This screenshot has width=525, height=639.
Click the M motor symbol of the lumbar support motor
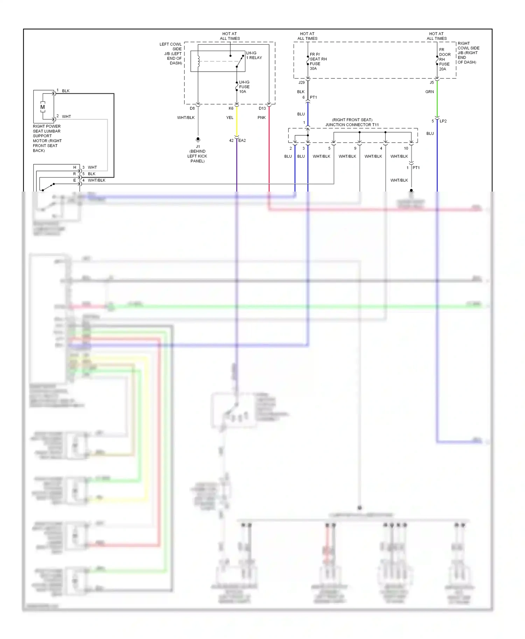[43, 107]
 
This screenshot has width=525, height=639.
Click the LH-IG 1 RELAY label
[254, 55]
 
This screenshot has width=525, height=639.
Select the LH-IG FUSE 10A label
[244, 87]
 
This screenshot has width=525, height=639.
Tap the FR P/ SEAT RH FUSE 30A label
[318, 62]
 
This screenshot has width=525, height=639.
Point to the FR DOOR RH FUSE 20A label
[444, 59]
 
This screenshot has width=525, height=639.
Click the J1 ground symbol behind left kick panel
[198, 139]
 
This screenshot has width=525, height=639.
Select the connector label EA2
[242, 141]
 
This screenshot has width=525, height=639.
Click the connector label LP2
[443, 121]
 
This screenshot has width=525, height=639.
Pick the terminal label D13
[262, 108]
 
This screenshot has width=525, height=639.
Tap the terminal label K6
[231, 108]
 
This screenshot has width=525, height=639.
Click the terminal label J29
[301, 82]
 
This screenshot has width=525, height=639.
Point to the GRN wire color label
[429, 92]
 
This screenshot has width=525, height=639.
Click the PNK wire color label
[261, 117]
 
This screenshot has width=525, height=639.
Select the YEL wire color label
[230, 117]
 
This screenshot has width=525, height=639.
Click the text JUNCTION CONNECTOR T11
[352, 125]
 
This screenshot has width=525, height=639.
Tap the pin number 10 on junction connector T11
[406, 148]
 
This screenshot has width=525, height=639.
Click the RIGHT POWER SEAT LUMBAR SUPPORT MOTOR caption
[47, 138]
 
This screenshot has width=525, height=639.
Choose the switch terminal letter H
[75, 167]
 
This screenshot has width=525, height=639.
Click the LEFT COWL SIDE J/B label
[171, 53]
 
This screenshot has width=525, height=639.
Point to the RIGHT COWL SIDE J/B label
[468, 53]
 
